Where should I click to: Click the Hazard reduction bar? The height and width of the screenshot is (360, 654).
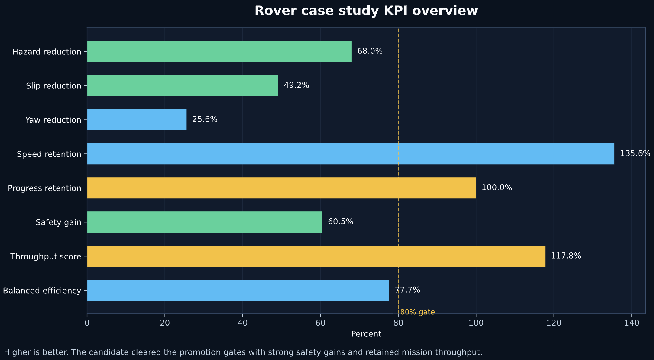pyautogui.click(x=219, y=51)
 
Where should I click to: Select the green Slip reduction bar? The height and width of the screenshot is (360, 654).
pyautogui.click(x=183, y=85)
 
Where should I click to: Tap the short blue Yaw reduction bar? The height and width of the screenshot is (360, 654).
pyautogui.click(x=137, y=120)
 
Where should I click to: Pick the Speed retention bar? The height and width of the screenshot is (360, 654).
pyautogui.click(x=351, y=154)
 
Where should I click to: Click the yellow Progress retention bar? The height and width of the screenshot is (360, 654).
pyautogui.click(x=281, y=188)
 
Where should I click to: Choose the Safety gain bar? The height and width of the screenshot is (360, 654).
pyautogui.click(x=205, y=222)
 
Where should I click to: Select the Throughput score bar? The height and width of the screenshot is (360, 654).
pyautogui.click(x=316, y=256)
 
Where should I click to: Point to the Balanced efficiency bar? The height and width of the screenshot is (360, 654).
pyautogui.click(x=238, y=290)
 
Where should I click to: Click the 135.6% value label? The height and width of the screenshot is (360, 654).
pyautogui.click(x=635, y=153)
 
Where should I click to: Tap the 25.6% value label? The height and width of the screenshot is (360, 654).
pyautogui.click(x=205, y=119)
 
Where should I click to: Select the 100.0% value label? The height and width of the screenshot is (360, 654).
pyautogui.click(x=497, y=188)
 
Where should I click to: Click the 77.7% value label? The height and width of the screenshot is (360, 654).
pyautogui.click(x=407, y=290)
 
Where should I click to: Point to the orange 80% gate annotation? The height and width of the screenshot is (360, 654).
pyautogui.click(x=417, y=312)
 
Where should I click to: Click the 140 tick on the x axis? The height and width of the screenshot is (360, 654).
pyautogui.click(x=632, y=323)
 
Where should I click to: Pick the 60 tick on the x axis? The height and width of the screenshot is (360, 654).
pyautogui.click(x=320, y=323)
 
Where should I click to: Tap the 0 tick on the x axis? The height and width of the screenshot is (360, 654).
pyautogui.click(x=87, y=323)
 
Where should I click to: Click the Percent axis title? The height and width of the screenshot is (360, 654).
pyautogui.click(x=366, y=334)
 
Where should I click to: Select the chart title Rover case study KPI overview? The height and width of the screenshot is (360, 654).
pyautogui.click(x=366, y=11)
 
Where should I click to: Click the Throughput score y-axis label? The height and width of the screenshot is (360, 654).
pyautogui.click(x=46, y=256)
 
